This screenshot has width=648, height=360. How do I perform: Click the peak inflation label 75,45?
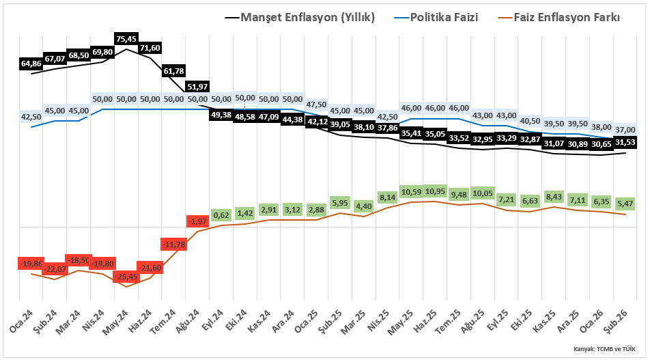pos(126,38)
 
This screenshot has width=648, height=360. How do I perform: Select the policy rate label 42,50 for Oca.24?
pos(31,117)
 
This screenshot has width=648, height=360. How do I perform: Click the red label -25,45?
pos(126,277)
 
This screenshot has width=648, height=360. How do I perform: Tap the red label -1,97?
pos(197,221)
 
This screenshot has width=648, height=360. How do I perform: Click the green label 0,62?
pos(221,215)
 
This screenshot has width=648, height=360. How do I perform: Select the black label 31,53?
pos(625,141)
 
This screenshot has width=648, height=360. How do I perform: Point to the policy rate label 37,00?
pos(625,130)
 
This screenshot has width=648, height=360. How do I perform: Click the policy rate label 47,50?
pos(316,105)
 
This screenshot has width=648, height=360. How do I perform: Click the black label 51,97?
pos(197,86)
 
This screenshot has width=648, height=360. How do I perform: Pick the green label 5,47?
pos(625,204)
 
